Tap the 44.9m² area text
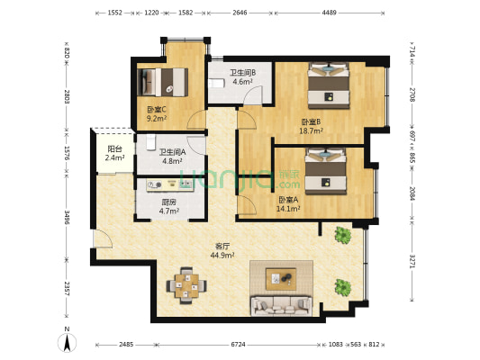click(222, 255)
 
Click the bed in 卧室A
click(324, 170)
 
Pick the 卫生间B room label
click(242, 73)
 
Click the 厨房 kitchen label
click(168, 202)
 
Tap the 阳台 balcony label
click(114, 148)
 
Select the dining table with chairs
click(188, 283)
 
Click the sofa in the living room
click(280, 306)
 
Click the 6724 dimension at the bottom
click(238, 344)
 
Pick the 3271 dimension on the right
click(412, 262)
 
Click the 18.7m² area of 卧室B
click(312, 130)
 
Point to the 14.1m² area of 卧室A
click(289, 210)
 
